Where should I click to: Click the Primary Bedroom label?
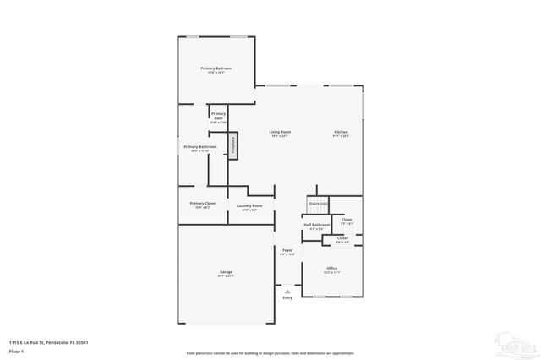(x=216, y=68)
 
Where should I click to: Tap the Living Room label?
(x=281, y=132)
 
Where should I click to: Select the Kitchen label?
(x=341, y=132)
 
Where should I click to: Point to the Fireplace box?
(x=232, y=145)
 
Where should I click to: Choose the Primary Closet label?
(x=203, y=203)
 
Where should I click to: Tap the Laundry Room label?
(x=249, y=206)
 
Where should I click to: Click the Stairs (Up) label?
(x=318, y=204)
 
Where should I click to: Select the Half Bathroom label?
(x=316, y=225)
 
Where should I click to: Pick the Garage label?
(x=227, y=271)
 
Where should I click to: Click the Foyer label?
(x=287, y=250)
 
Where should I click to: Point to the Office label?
(x=332, y=268)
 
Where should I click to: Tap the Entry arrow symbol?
(x=287, y=292)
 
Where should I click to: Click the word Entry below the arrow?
(x=287, y=298)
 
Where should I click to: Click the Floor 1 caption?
(x=17, y=350)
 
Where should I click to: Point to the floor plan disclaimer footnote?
(x=270, y=352)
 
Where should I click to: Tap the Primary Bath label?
(x=218, y=116)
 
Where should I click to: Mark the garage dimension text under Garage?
(x=227, y=276)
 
